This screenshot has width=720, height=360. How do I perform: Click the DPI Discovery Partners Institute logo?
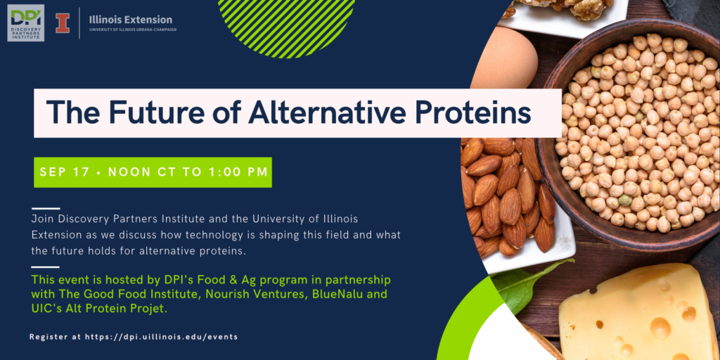pyautogui.click(x=26, y=23)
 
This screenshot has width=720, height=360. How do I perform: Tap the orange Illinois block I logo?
pyautogui.click(x=63, y=23)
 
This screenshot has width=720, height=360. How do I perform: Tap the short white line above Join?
pyautogui.click(x=46, y=208)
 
